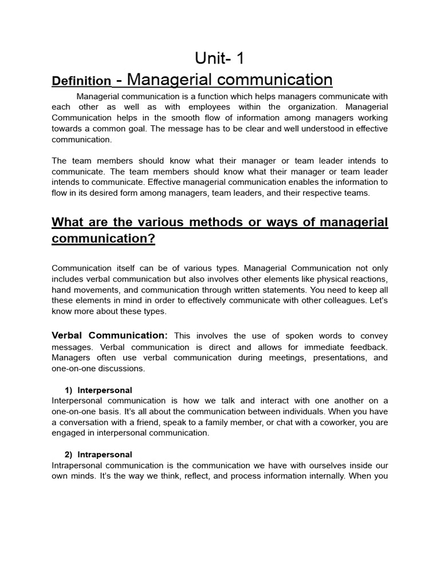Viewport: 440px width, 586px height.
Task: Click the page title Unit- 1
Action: [x=219, y=58]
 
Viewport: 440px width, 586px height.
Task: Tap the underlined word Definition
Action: [x=81, y=81]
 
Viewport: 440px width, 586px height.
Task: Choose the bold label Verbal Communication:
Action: [x=109, y=336]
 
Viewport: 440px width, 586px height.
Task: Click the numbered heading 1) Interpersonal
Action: [x=99, y=390]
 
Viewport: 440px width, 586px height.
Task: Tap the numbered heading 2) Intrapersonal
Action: [x=99, y=454]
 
